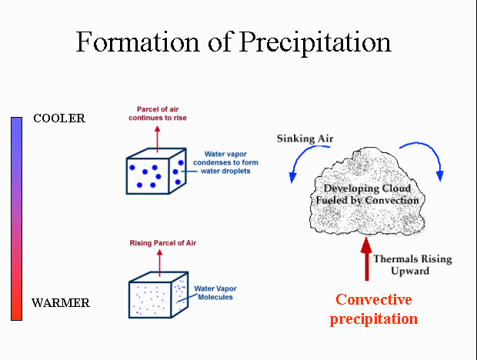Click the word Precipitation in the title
[315, 43]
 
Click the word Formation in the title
[137, 42]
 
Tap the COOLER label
[59, 118]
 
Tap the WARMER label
[61, 303]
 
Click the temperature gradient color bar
[16, 218]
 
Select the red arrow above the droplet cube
[157, 139]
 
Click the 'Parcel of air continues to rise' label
[158, 113]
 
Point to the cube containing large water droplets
[156, 172]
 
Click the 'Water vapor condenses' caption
[225, 162]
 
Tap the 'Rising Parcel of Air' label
[163, 243]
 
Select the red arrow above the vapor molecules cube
[159, 263]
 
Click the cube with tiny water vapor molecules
[158, 295]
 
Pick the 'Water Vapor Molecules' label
[215, 293]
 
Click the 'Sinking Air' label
[305, 138]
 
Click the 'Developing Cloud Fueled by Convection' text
[368, 195]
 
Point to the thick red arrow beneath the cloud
[366, 258]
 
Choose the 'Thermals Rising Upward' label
[412, 265]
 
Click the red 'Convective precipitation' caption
[374, 309]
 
